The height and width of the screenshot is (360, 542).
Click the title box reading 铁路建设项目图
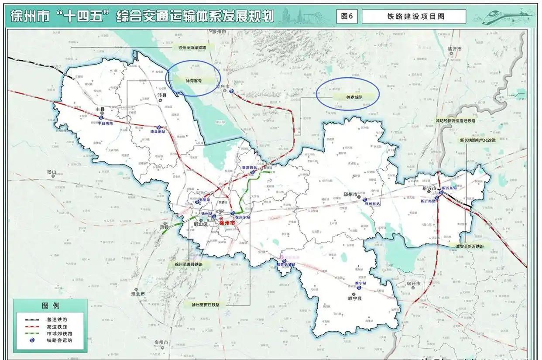coord(413,17)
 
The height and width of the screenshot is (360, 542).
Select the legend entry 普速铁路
coord(57,319)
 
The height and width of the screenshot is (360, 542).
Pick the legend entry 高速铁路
coord(57,326)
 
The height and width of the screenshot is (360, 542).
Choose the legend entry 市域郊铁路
coord(57,333)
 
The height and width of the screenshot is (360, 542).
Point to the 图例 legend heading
coord(51,305)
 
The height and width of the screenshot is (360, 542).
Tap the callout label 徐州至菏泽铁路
coord(192,47)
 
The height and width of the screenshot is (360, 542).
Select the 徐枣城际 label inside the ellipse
coord(354,97)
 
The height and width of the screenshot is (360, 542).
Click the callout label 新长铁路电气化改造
coord(477,141)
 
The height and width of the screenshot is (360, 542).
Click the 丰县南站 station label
coord(105,123)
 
